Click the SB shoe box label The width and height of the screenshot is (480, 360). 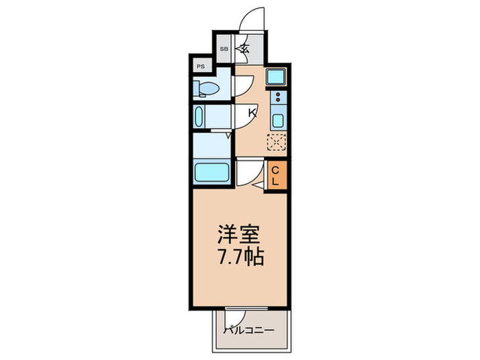(x=224, y=49)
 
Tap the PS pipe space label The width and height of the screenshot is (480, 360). (x=201, y=67)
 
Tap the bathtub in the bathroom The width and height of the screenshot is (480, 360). (x=211, y=171)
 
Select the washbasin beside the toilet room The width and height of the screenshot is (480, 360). (x=200, y=117)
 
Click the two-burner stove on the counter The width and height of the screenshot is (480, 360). (x=278, y=98)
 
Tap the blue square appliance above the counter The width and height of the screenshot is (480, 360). (x=277, y=76)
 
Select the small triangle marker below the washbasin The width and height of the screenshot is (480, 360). (x=228, y=136)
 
